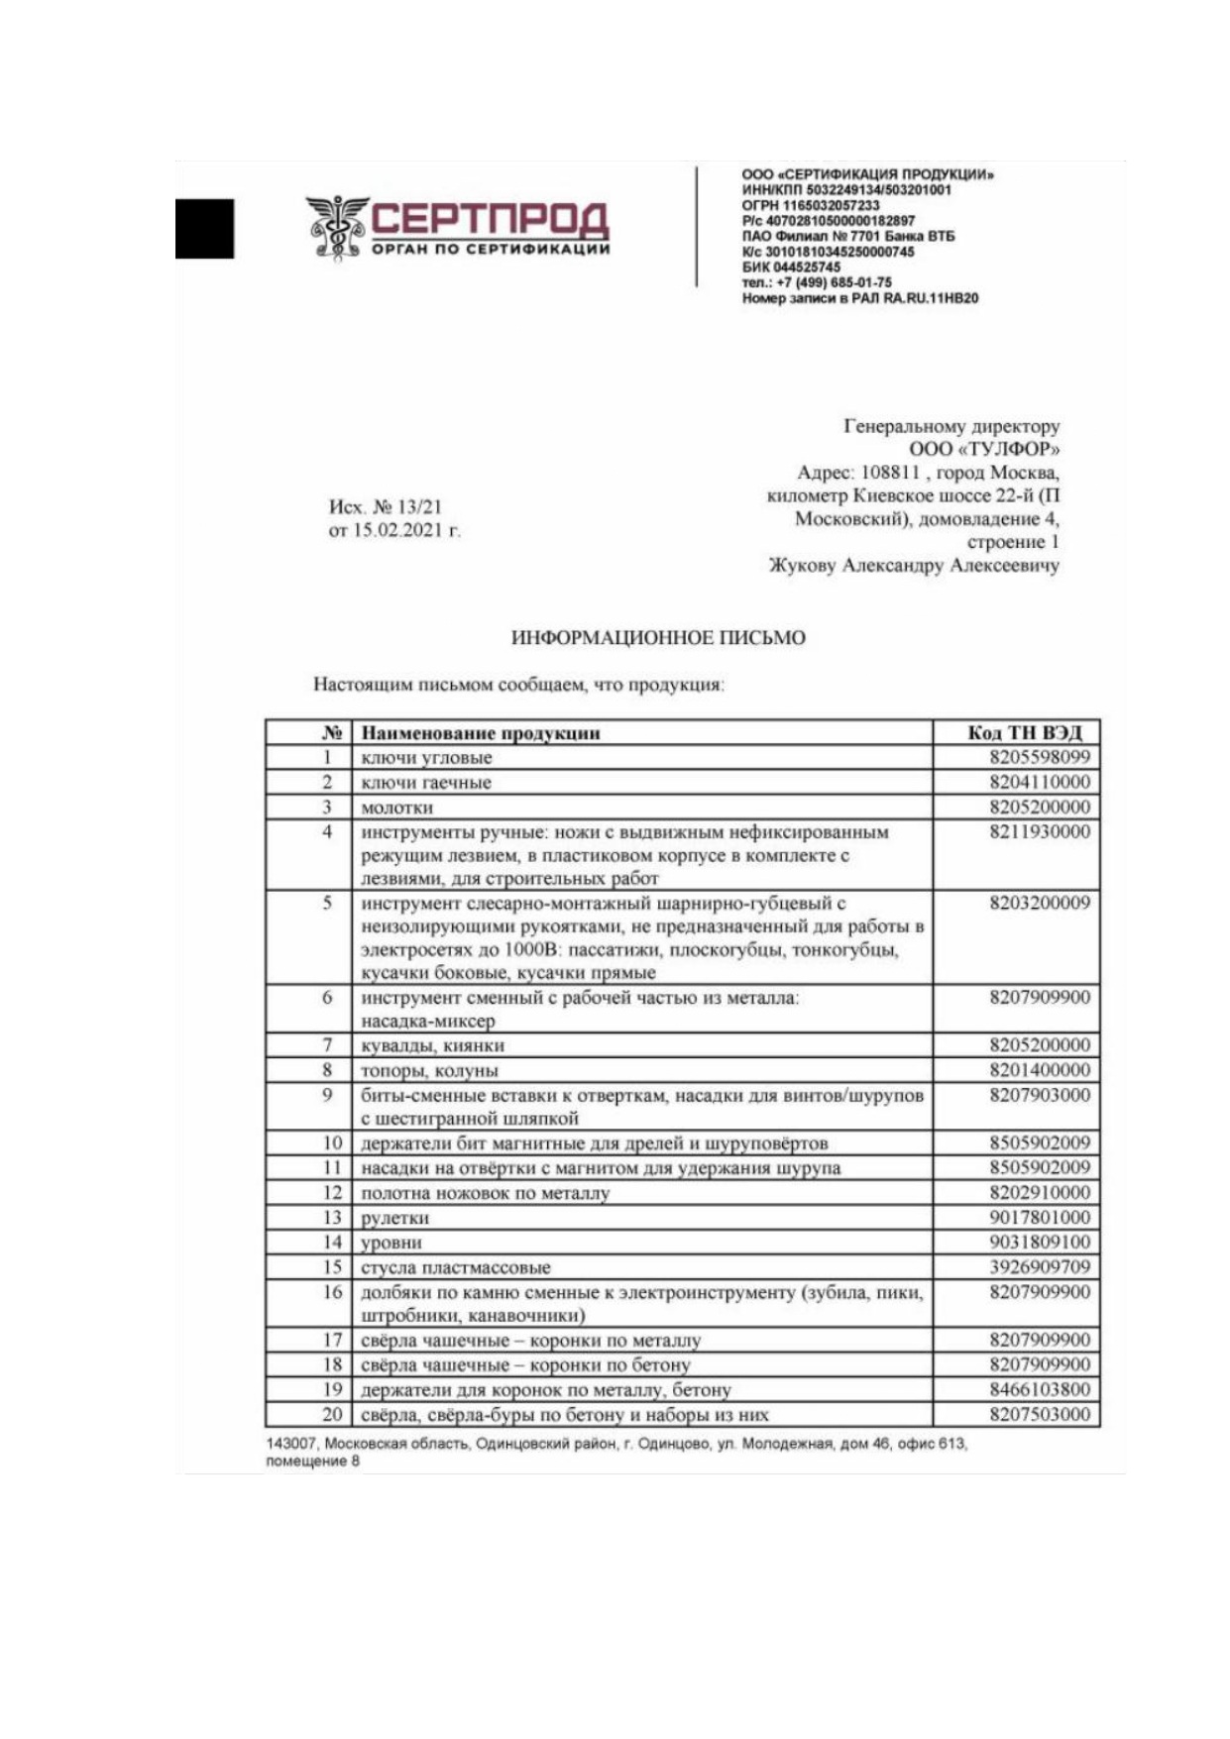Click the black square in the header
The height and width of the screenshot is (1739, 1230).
click(x=205, y=229)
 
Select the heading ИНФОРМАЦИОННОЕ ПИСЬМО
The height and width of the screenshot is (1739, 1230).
click(x=658, y=638)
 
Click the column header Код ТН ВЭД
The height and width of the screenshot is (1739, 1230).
click(x=1024, y=733)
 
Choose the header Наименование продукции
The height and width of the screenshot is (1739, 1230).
click(x=481, y=733)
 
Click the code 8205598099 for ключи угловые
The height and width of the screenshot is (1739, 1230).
click(x=1039, y=758)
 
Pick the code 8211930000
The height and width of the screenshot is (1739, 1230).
click(x=1039, y=832)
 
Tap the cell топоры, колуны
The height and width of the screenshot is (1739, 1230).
click(x=429, y=1071)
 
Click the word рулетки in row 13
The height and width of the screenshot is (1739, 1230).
click(x=394, y=1219)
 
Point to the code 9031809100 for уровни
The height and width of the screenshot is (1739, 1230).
click(x=1039, y=1243)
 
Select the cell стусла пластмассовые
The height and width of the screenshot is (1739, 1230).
click(x=455, y=1267)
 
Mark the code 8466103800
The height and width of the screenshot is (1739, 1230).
click(x=1039, y=1390)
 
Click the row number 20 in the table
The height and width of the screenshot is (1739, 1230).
click(x=332, y=1415)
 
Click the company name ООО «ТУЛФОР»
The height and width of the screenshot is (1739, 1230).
click(x=984, y=450)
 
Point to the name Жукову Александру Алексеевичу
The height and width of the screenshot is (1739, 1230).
click(x=914, y=566)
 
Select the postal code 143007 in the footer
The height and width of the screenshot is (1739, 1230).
click(x=290, y=1445)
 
